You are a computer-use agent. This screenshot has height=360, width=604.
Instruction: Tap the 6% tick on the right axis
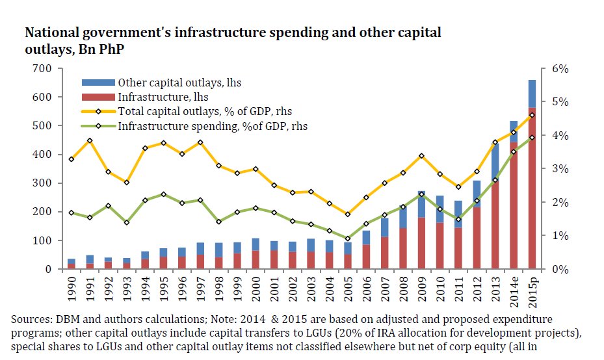point(560,68)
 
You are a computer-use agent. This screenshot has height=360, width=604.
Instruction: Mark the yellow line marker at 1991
point(90,140)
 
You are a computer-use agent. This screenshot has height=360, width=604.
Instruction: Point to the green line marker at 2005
point(348,238)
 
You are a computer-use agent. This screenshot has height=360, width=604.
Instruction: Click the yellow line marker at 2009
point(421,156)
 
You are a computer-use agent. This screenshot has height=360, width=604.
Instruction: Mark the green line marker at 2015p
point(532,137)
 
